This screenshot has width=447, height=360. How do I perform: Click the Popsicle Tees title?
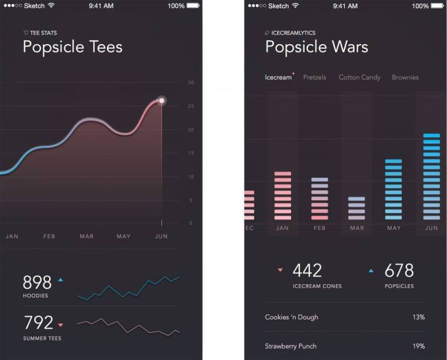[73, 46]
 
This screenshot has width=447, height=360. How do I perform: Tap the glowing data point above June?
[162, 101]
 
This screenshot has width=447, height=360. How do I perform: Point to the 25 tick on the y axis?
[191, 106]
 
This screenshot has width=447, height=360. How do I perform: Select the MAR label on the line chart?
[87, 236]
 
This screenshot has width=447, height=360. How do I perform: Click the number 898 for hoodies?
[37, 282]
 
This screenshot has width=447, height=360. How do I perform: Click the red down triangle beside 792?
[60, 324]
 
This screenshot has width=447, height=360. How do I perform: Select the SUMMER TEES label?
[42, 338]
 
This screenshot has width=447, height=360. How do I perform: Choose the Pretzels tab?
[315, 77]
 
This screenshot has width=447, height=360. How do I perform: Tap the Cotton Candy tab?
[359, 77]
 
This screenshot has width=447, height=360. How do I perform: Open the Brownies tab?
[405, 77]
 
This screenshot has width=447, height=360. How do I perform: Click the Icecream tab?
[278, 77]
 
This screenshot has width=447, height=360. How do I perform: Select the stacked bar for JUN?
[431, 176]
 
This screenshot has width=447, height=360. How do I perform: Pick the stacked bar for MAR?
[356, 208]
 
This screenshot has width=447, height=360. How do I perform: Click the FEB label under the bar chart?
[319, 228]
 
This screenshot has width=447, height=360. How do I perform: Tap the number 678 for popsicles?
[399, 271]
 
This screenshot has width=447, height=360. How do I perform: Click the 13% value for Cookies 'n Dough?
[419, 317]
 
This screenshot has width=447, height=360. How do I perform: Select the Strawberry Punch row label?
[292, 346]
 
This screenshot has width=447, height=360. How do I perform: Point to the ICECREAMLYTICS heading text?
[293, 33]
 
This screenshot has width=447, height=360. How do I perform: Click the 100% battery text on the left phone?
[176, 6]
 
